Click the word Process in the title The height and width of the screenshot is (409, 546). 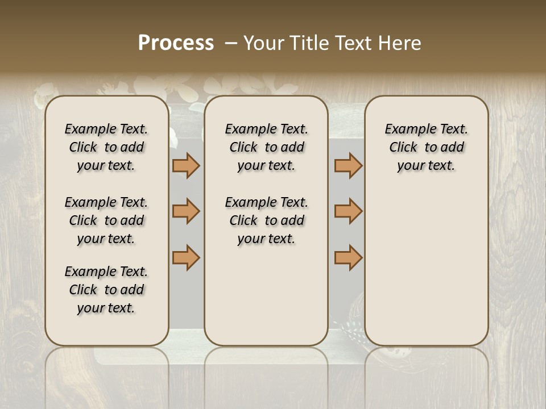point(176,43)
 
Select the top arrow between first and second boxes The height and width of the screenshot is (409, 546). point(186,165)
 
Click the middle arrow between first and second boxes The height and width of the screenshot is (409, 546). point(186,211)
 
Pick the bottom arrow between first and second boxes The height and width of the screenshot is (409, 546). point(186,257)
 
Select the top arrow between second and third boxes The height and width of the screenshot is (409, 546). point(348,165)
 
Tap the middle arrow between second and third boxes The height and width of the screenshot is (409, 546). point(348,211)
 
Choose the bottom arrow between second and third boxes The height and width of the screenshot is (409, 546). point(348,257)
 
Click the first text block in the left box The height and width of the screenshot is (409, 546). point(106,147)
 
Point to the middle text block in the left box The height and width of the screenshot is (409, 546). point(106,220)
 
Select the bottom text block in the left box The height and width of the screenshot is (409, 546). point(106,290)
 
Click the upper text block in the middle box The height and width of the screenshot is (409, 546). point(266,147)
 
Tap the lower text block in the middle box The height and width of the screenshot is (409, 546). point(266,220)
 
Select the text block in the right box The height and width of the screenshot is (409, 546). point(427,147)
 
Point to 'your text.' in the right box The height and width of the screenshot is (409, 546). point(427,165)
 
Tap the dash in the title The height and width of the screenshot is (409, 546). point(231,43)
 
